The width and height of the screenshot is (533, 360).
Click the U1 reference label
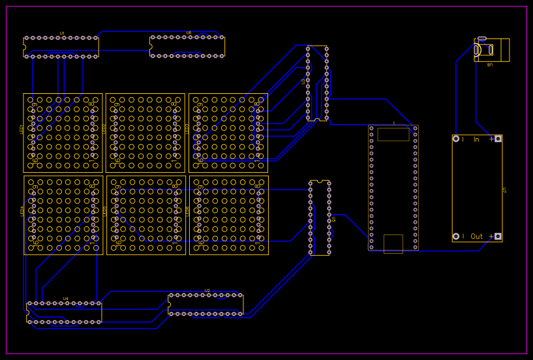click(x=62, y=33)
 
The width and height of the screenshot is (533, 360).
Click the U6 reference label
click(x=189, y=33)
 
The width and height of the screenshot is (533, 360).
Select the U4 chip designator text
click(x=65, y=299)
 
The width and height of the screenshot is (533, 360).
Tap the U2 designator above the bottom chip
click(x=207, y=290)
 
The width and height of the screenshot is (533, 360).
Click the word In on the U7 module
click(x=476, y=139)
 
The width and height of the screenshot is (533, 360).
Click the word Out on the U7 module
click(x=477, y=236)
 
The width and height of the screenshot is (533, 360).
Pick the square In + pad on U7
click(x=498, y=139)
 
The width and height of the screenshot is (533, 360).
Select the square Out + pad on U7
click(x=498, y=236)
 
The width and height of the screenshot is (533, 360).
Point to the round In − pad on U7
click(x=456, y=139)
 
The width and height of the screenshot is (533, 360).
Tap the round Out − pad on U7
click(x=456, y=236)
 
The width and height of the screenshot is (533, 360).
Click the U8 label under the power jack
click(x=490, y=65)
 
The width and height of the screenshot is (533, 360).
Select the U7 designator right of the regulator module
click(x=505, y=190)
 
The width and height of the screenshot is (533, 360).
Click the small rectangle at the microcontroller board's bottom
click(x=393, y=243)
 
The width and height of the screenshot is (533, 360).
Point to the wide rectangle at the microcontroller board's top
click(x=393, y=134)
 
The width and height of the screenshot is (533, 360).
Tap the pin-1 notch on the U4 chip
click(x=27, y=312)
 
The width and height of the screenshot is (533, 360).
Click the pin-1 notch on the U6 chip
click(x=151, y=46)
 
